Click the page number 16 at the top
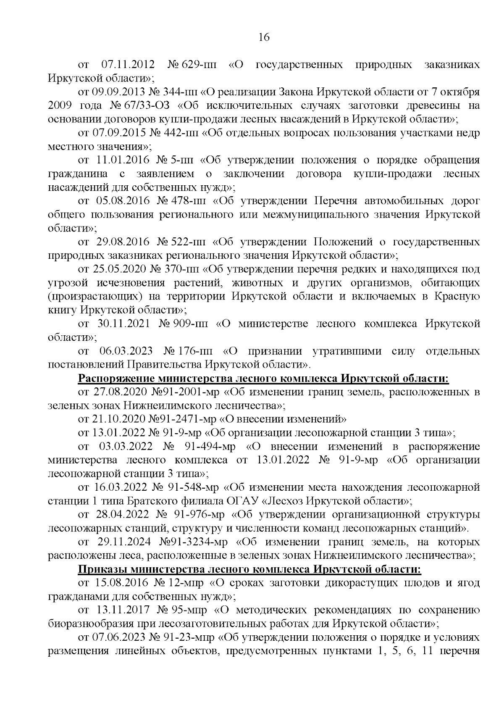click(x=264, y=38)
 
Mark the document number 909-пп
click(x=193, y=324)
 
